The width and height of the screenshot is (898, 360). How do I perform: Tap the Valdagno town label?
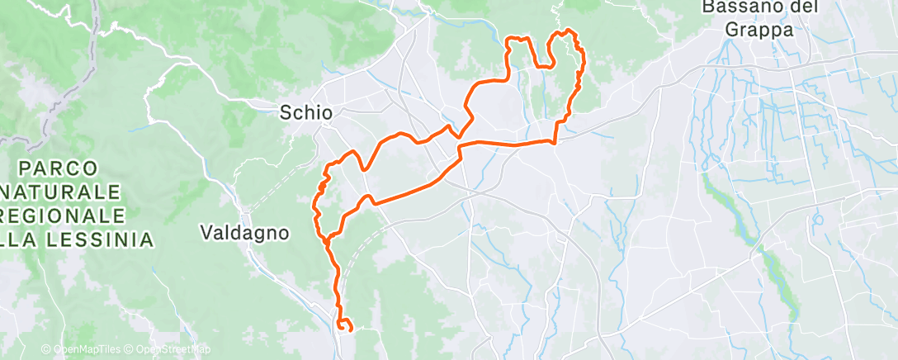245,233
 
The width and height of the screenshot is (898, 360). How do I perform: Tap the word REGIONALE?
68,216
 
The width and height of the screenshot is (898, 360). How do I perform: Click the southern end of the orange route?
351,329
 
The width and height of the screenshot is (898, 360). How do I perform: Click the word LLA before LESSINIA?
23,240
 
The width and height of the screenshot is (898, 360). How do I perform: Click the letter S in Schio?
286,111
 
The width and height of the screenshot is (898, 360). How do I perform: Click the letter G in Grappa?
732,30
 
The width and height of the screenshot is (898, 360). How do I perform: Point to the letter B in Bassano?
708,7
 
